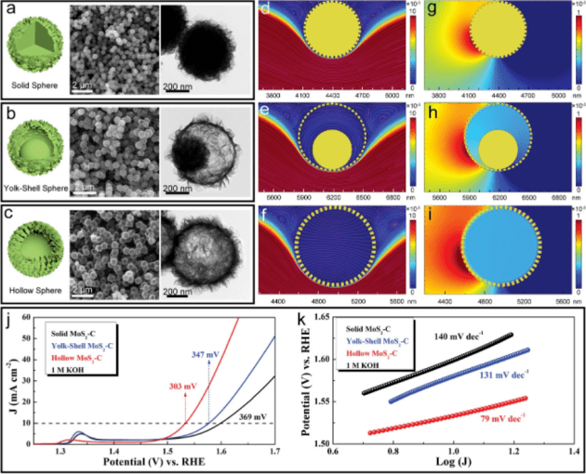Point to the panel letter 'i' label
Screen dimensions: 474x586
point(432,217)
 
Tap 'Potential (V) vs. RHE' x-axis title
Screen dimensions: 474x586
point(171,463)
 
